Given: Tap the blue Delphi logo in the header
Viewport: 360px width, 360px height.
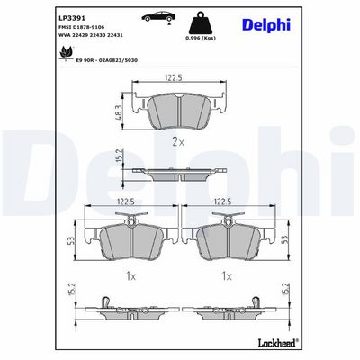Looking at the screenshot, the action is [x=266, y=25].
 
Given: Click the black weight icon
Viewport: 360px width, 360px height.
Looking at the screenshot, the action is [x=201, y=22].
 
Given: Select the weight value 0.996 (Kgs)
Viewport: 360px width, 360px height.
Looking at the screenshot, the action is [x=201, y=38].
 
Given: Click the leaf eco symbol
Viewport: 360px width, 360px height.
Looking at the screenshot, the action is [x=65, y=53].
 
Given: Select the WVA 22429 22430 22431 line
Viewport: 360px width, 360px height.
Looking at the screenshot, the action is [x=90, y=35].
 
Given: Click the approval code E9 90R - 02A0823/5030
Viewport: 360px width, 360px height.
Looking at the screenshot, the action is [x=106, y=60].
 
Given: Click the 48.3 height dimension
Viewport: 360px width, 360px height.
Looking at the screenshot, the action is [x=119, y=112].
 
